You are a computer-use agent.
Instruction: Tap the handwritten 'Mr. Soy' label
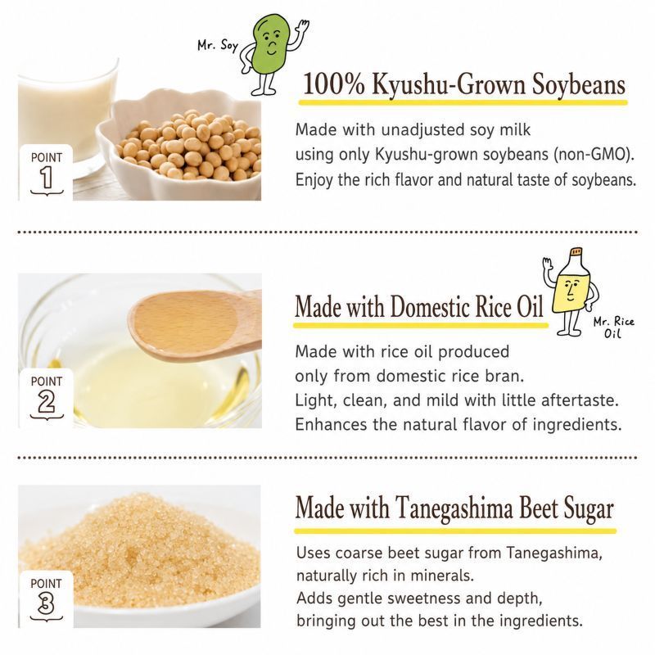(218, 45)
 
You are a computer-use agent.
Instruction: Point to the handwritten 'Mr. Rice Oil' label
(613, 327)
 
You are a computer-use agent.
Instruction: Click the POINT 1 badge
(46, 172)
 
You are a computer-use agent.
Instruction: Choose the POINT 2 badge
(46, 398)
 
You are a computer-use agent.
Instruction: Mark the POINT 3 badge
(46, 599)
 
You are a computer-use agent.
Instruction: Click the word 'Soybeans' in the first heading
(578, 86)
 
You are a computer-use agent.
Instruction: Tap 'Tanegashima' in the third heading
(454, 509)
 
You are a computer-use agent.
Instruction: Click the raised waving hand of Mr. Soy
(301, 29)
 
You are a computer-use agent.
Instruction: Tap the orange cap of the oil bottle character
(576, 252)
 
